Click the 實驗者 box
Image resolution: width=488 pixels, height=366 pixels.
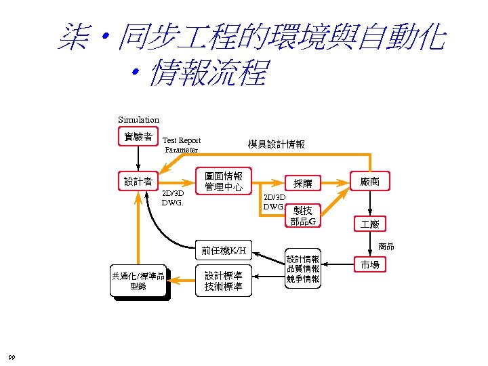click(138, 137)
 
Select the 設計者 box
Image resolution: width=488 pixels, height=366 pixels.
click(138, 181)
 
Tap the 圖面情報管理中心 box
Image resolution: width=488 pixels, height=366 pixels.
click(224, 181)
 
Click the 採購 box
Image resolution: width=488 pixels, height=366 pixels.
click(302, 183)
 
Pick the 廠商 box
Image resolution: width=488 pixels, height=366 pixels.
click(370, 181)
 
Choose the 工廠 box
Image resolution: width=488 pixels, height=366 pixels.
click(370, 223)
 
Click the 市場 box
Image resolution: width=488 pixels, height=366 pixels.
click(370, 264)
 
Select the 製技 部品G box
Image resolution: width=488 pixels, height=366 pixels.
click(303, 216)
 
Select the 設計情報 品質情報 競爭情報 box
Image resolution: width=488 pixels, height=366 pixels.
click(302, 268)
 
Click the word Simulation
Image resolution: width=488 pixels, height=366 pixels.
click(138, 120)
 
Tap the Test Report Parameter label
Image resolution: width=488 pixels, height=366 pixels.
click(182, 145)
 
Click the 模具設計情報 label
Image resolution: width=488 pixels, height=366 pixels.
click(276, 144)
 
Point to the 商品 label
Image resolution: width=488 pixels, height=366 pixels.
click(386, 245)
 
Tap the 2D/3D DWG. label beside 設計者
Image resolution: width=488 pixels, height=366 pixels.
click(173, 197)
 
